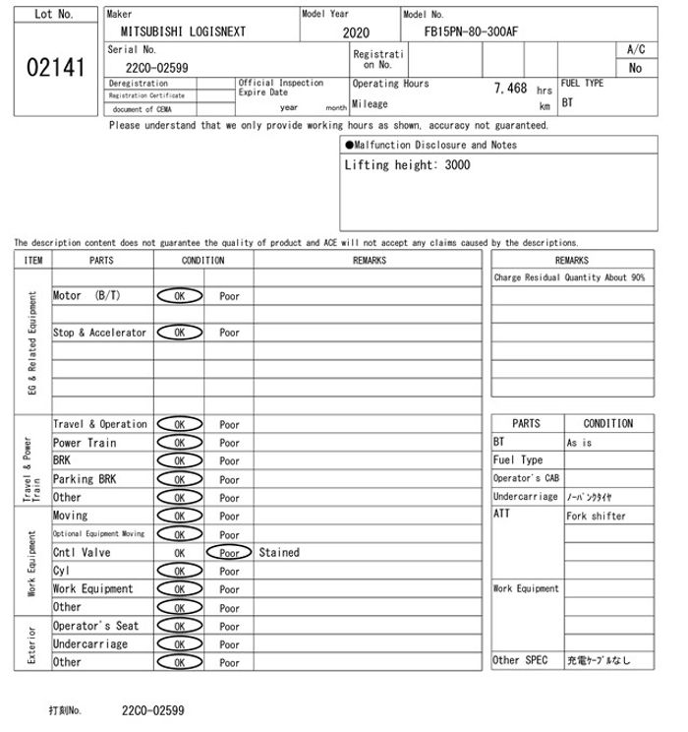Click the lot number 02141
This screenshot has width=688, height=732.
coord(53,69)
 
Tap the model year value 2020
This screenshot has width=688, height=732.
coord(356,32)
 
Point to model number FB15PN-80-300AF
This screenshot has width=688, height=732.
coord(471,31)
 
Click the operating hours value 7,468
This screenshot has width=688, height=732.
coord(510,89)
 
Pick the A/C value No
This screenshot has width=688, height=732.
coord(635,69)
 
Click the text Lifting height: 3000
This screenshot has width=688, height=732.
coord(407,165)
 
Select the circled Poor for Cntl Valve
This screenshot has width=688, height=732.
coord(229,553)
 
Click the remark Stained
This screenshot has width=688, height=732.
coord(279,553)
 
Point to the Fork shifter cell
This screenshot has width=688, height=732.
coord(596,516)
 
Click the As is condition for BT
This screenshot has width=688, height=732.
coord(580,443)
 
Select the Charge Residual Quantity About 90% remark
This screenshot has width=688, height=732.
coord(569,278)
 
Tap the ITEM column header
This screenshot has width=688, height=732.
coord(33,261)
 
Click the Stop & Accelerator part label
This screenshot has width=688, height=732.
coord(99,333)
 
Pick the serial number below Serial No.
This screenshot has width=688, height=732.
coord(157,68)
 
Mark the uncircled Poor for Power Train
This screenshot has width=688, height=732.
coord(229,444)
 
